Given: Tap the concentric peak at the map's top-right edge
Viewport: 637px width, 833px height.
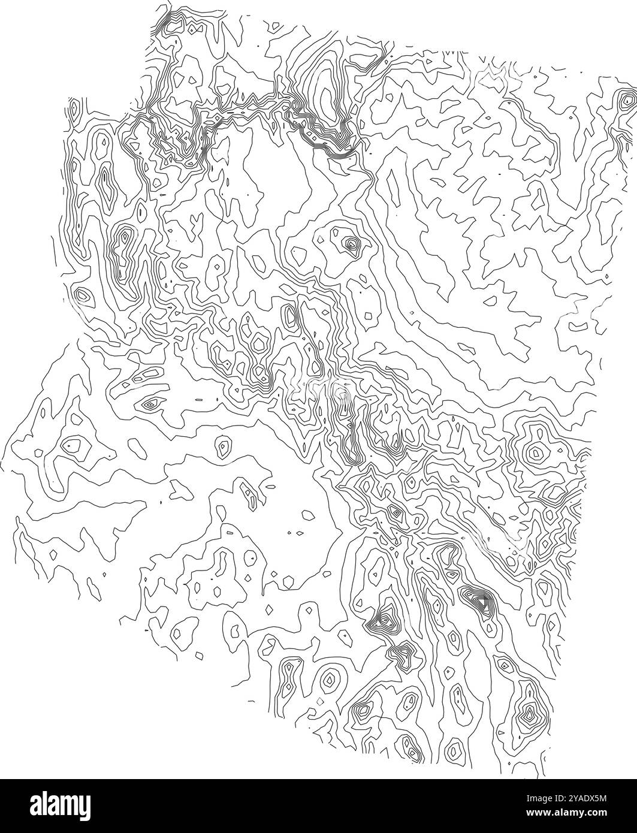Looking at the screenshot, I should coord(627,98).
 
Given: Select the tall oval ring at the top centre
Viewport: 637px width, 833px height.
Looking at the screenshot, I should coord(325,96).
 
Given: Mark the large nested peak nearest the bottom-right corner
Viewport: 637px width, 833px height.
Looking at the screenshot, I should coord(529,713).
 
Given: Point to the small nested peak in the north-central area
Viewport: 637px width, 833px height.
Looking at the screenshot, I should coord(350,244).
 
